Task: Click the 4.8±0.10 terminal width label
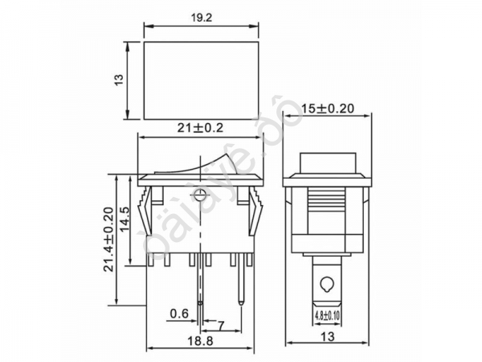pyautogui.click(x=327, y=316)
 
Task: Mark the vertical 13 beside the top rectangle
pyautogui.click(x=119, y=81)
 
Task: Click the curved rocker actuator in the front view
pyautogui.click(x=201, y=164)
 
